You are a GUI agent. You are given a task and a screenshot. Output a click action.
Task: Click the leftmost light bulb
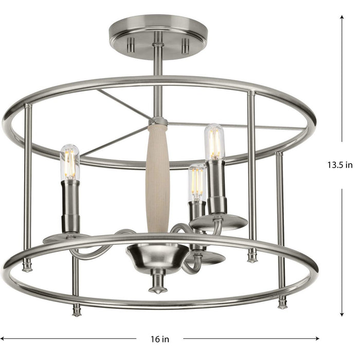(70, 161)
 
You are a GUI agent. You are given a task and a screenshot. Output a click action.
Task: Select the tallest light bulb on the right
(214, 142)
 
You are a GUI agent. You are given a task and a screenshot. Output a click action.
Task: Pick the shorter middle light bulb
(197, 182)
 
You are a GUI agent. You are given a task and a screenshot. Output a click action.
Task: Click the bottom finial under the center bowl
(158, 285)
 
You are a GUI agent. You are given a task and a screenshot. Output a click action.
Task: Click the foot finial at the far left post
(27, 265)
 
